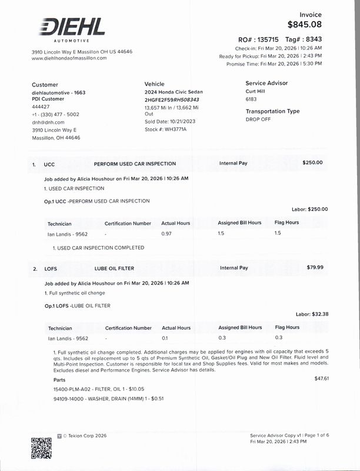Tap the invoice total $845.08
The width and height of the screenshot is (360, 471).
pyautogui.click(x=305, y=25)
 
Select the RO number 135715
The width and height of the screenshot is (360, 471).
pyautogui.click(x=264, y=39)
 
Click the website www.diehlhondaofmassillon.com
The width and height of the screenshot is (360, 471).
pyautogui.click(x=69, y=58)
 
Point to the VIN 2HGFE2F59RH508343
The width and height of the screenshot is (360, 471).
pyautogui.click(x=172, y=100)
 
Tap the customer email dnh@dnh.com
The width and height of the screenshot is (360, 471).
pyautogui.click(x=48, y=122)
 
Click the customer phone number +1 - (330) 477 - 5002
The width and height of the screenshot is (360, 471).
pyautogui.click(x=55, y=114)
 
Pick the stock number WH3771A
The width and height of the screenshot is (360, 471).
pyautogui.click(x=175, y=129)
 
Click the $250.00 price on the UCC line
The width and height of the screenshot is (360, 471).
pyautogui.click(x=312, y=162)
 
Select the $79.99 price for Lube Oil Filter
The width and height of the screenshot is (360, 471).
pyautogui.click(x=315, y=267)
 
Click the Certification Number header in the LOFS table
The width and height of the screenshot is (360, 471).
pyautogui.click(x=128, y=328)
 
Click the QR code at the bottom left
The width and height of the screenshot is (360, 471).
pyautogui.click(x=41, y=448)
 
